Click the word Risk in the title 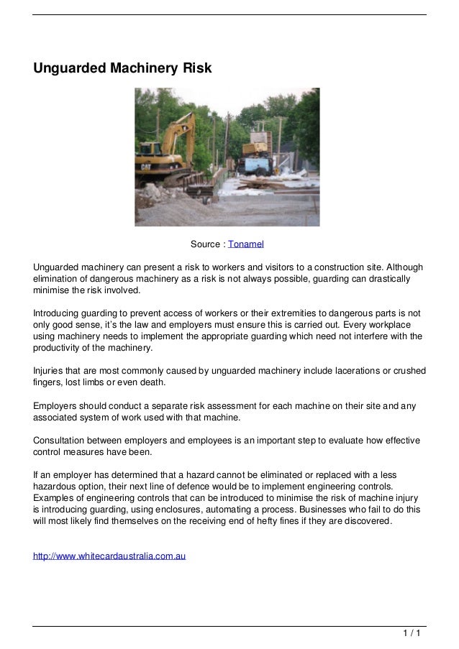pos(194,68)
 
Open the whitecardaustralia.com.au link pos(110,556)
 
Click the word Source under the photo pos(206,245)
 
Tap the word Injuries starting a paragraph pos(50,371)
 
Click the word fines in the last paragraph pos(308,521)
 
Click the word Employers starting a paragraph pos(57,406)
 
